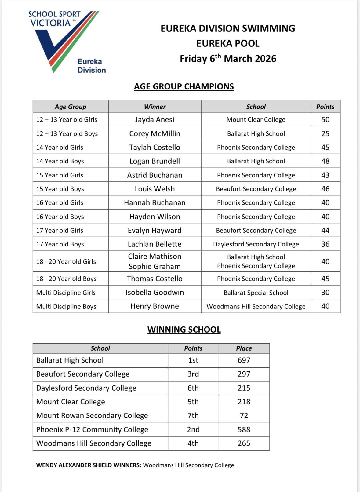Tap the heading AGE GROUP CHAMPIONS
184,86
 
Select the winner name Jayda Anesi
155,119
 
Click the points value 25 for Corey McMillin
325,133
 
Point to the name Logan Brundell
155,161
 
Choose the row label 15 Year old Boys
60,189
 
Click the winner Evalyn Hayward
155,230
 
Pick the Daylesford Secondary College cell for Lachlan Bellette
256,244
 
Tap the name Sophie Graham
155,266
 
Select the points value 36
325,244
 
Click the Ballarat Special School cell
256,293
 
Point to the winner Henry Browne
155,306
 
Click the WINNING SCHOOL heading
184,330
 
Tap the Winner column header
155,107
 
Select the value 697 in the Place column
244,360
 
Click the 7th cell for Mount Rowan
193,415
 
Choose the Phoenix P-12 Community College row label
92,429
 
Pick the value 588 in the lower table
244,429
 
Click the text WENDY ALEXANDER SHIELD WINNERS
89,465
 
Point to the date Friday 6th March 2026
228,58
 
